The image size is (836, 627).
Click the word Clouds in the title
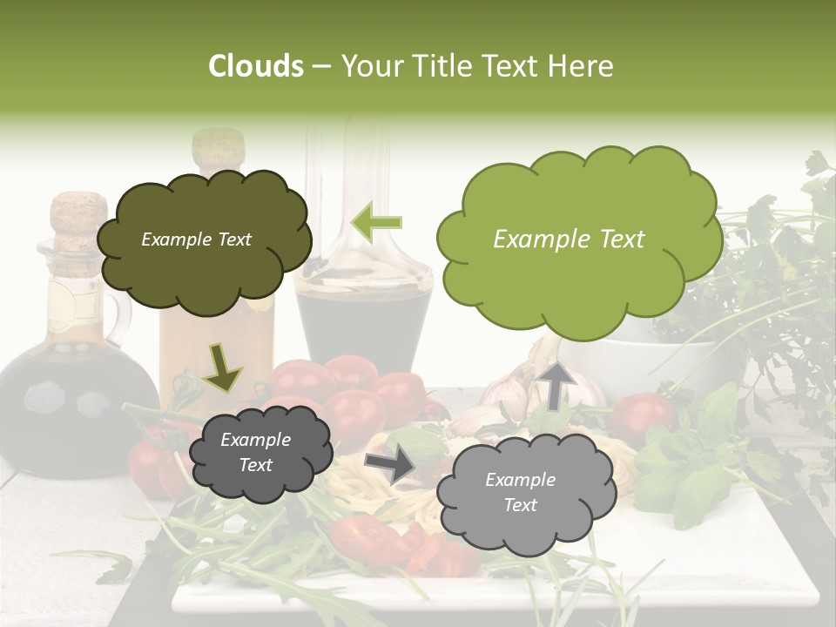click(x=255, y=66)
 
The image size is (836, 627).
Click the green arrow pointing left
click(x=377, y=222)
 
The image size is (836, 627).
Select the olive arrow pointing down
click(x=222, y=367)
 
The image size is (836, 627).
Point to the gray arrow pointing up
click(x=556, y=385)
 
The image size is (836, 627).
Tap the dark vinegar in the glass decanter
click(x=363, y=322)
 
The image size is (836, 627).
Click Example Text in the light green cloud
click(x=569, y=239)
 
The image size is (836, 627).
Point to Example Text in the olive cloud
click(x=196, y=239)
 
